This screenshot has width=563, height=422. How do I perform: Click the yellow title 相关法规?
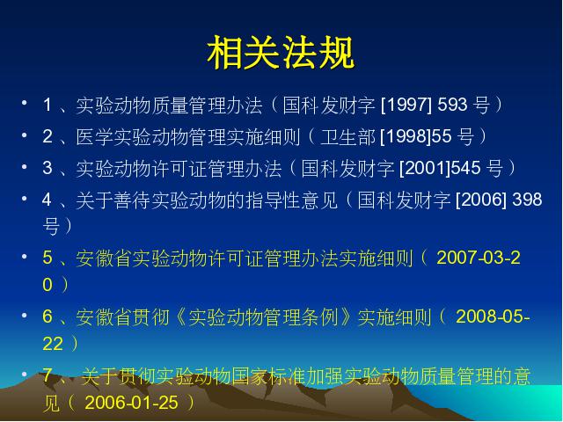(281, 53)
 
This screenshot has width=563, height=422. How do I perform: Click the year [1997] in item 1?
(406, 105)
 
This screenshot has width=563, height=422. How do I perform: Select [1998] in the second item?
(406, 136)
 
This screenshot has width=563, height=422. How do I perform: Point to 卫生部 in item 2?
(347, 137)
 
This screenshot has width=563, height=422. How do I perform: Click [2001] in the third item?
(425, 168)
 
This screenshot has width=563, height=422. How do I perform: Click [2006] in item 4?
(481, 200)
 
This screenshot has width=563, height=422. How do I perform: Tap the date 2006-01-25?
(131, 403)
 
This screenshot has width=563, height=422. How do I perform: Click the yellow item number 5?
(48, 258)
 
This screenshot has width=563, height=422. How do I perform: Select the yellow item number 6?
(48, 316)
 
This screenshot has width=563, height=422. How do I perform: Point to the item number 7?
(48, 375)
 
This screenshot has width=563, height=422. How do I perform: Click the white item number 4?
(47, 200)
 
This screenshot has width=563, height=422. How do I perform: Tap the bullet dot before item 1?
(25, 103)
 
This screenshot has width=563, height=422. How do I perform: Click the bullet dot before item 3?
(25, 166)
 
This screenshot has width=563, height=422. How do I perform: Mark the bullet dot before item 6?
(25, 315)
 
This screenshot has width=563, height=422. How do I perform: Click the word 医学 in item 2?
(94, 137)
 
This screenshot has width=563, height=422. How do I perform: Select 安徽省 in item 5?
(104, 258)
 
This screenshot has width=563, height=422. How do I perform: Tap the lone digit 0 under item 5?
(48, 285)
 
